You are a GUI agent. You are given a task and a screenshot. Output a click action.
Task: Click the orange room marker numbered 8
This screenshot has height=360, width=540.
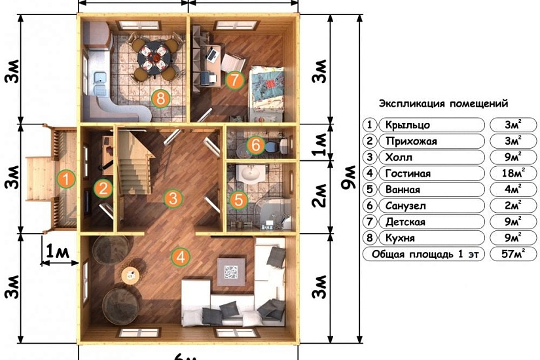click(160, 99)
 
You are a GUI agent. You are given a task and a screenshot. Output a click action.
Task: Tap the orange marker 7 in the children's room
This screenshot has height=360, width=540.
click(234, 80)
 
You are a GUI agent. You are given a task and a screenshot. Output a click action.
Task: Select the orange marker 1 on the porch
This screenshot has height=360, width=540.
click(66, 179)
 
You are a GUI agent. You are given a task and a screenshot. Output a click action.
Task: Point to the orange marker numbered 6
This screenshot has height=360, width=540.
click(255, 145)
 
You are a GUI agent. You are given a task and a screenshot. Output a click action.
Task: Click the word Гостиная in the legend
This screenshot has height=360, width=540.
click(408, 173)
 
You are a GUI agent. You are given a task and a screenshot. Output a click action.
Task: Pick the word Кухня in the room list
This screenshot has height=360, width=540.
click(400, 238)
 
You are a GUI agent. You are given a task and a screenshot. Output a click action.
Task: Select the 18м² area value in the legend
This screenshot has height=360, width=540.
click(513, 173)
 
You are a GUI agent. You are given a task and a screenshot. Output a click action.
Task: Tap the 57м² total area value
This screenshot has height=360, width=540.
click(513, 254)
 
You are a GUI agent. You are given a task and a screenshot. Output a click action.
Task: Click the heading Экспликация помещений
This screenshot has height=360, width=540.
click(443, 103)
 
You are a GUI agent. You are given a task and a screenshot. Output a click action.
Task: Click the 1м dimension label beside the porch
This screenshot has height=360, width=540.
click(58, 252)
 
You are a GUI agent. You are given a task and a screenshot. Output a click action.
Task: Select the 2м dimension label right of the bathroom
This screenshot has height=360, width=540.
click(319, 195)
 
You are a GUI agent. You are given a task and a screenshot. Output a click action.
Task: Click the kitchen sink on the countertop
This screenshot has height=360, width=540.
click(100, 79)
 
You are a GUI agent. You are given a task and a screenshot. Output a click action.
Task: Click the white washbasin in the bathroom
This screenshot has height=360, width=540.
click(251, 174)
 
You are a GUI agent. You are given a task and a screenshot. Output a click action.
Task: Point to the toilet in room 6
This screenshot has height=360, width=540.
click(276, 146)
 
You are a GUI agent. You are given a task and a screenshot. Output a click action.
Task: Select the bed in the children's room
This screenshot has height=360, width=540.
click(266, 94)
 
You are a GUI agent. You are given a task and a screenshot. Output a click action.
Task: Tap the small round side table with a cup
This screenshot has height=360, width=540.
click(130, 276)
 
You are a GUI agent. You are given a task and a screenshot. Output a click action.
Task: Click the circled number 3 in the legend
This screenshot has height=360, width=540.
click(370, 157)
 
